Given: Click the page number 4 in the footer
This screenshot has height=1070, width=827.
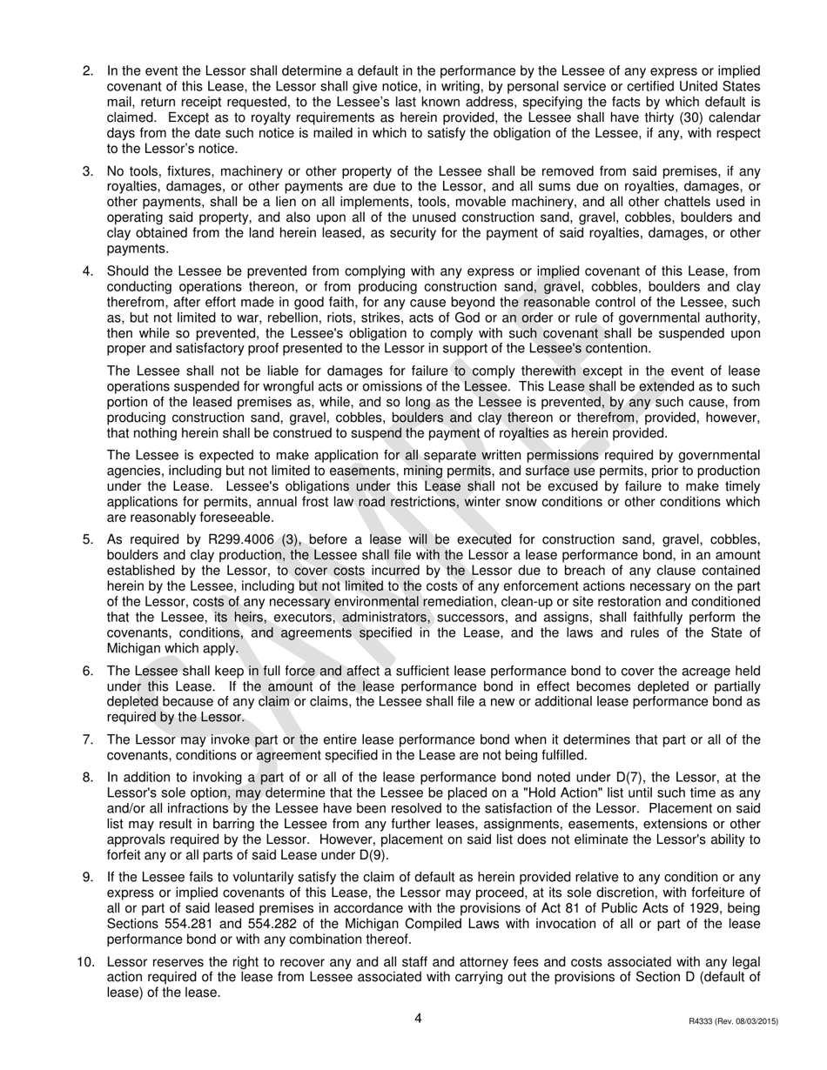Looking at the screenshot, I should coord(418,1019).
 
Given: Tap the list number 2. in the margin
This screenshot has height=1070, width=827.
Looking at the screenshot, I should coord(88,70).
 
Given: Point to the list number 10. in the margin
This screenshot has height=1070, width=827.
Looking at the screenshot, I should coord(84,962).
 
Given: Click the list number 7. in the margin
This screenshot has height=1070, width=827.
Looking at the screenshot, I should coord(88,739).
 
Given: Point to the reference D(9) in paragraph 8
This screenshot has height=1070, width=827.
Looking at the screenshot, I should coord(371,855).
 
